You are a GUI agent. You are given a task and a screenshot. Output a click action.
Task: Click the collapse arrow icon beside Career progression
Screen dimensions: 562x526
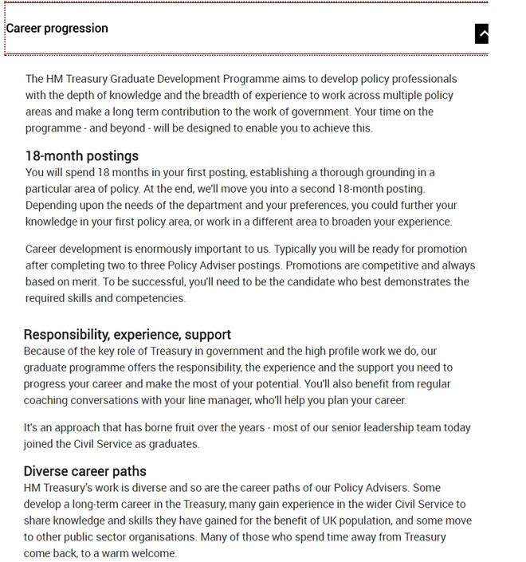(481, 33)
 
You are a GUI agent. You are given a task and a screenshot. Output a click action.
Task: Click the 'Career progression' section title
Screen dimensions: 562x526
(57, 29)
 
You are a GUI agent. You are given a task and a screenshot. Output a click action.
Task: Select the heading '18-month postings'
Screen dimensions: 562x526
(81, 155)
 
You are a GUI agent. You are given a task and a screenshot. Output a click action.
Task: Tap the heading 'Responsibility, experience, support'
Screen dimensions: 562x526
(128, 334)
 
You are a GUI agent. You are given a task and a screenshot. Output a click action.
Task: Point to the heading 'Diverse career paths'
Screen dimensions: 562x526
(84, 470)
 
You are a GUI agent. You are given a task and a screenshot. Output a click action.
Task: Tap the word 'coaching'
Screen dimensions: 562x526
(49, 400)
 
